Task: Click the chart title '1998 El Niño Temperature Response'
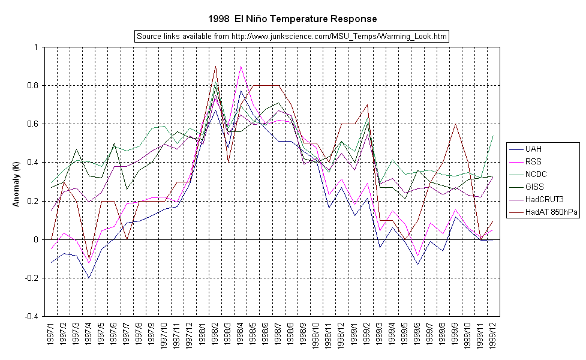pyautogui.click(x=293, y=19)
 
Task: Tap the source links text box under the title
pyautogui.click(x=292, y=37)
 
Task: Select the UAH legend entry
pyautogui.click(x=534, y=148)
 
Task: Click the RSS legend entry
pyautogui.click(x=534, y=161)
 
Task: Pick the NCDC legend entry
pyautogui.click(x=536, y=174)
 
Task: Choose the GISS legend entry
pyautogui.click(x=534, y=187)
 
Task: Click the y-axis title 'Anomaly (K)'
pyautogui.click(x=16, y=181)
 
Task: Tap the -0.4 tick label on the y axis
pyautogui.click(x=35, y=316)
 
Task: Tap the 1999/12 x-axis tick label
pyautogui.click(x=493, y=337)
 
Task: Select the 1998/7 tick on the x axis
pyautogui.click(x=278, y=337)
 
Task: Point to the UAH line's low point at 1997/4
pyautogui.click(x=89, y=278)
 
